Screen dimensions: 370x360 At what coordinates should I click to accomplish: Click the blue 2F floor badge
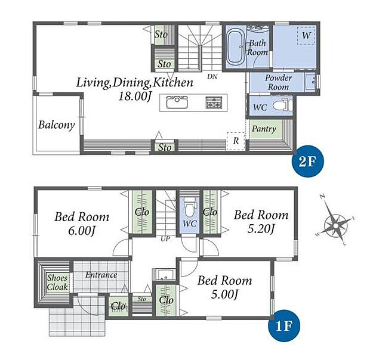click(x=308, y=161)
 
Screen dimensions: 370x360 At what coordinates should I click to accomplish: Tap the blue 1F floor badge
click(x=284, y=325)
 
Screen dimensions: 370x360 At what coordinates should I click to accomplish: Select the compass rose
click(x=335, y=226)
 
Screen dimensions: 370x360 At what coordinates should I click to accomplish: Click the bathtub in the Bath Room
click(x=236, y=46)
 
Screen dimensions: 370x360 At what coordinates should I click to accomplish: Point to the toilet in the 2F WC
click(x=282, y=105)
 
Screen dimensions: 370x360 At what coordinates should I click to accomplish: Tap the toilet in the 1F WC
click(x=189, y=206)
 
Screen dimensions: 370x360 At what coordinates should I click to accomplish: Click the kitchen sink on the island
click(x=177, y=103)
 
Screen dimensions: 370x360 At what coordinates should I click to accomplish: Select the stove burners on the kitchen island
click(x=214, y=103)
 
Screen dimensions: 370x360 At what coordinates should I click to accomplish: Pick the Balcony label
click(x=57, y=125)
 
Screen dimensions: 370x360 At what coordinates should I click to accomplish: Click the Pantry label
click(x=264, y=129)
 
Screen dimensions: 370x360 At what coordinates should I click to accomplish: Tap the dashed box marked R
click(x=236, y=141)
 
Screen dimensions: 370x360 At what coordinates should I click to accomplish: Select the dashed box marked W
click(x=306, y=36)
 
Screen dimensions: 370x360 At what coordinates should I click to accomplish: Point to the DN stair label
click(x=212, y=76)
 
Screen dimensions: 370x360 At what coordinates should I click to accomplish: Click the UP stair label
click(x=165, y=239)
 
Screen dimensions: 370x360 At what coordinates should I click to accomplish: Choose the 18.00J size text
click(x=135, y=96)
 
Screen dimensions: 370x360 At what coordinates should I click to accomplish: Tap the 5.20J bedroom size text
click(x=261, y=228)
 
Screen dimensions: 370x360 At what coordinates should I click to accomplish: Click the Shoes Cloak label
click(x=57, y=283)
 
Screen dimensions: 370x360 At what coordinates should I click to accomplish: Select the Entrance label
click(x=101, y=275)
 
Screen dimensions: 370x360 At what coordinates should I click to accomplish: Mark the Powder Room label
click(x=278, y=82)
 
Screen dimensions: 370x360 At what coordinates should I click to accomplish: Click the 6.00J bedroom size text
click(x=82, y=231)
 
